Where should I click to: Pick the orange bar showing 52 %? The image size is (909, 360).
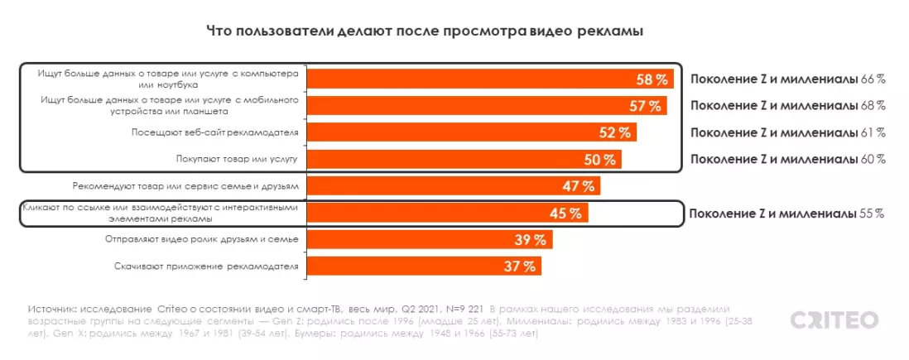click(472, 132)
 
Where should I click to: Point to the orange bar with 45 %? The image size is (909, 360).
click(448, 213)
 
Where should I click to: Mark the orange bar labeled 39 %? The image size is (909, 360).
click(430, 239)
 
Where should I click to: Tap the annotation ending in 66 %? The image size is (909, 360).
click(787, 79)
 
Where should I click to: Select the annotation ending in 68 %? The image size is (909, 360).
click(787, 106)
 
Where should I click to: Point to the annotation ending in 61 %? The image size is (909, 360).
click(787, 132)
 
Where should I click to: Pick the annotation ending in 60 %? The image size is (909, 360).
click(787, 159)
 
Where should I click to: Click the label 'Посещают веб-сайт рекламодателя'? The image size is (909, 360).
click(214, 132)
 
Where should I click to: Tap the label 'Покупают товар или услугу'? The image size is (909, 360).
click(237, 159)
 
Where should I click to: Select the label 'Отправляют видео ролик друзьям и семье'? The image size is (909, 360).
click(202, 239)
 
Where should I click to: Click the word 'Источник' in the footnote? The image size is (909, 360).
click(53, 305)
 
